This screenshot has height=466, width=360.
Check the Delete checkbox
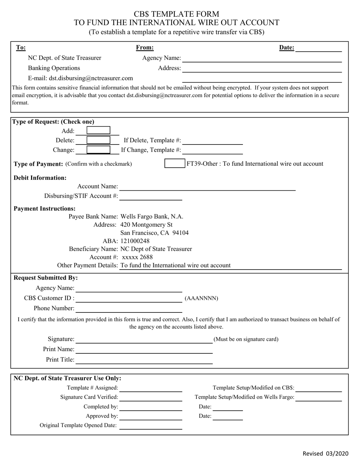[98, 140]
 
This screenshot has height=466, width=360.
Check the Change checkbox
[98, 150]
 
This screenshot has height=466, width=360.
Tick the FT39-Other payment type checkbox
[175, 164]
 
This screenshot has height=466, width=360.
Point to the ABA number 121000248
[135, 241]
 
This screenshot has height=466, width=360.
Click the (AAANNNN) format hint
[201, 298]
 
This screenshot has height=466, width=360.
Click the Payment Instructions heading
[45, 209]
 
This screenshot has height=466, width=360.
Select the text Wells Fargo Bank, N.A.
[152, 217]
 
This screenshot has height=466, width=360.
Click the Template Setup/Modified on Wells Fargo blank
[318, 397]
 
